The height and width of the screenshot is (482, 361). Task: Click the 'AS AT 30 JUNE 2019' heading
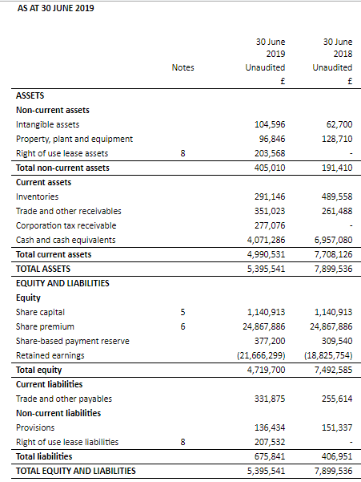pyautogui.click(x=56, y=8)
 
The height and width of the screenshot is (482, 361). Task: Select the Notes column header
pyautogui.click(x=183, y=67)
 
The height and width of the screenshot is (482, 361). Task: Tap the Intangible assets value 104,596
pyautogui.click(x=270, y=124)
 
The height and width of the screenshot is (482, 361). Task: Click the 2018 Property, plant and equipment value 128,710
pyautogui.click(x=337, y=139)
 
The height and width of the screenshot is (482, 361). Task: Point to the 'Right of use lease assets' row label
pyautogui.click(x=62, y=153)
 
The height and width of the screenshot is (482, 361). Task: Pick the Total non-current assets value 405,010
pyautogui.click(x=270, y=168)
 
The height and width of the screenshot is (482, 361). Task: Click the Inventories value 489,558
pyautogui.click(x=337, y=196)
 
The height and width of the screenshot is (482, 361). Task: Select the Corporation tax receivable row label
pyautogui.click(x=66, y=225)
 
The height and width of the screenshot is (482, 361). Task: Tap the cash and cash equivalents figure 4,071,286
pyautogui.click(x=266, y=240)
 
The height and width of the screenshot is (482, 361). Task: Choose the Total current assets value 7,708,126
pyautogui.click(x=333, y=254)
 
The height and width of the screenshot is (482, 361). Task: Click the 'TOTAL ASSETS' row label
pyautogui.click(x=43, y=269)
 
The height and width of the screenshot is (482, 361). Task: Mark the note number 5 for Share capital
pyautogui.click(x=183, y=312)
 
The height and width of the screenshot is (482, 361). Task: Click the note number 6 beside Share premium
pyautogui.click(x=183, y=326)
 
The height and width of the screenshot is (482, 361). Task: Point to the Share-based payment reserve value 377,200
pyautogui.click(x=270, y=341)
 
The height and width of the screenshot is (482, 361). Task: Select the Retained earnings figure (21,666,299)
pyautogui.click(x=261, y=355)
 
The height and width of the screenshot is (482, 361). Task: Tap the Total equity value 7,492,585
pyautogui.click(x=333, y=370)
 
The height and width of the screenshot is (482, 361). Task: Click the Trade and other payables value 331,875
pyautogui.click(x=270, y=399)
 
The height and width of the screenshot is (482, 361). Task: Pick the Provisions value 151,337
pyautogui.click(x=337, y=428)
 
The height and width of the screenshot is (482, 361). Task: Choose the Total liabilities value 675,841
pyautogui.click(x=270, y=457)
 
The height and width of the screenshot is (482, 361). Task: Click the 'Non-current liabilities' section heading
pyautogui.click(x=58, y=414)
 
